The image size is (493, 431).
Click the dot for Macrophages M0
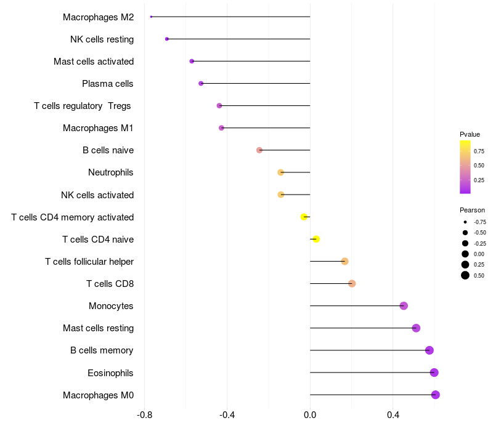click(436, 395)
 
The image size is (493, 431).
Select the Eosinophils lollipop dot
click(434, 373)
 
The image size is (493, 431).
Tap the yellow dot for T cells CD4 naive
click(316, 239)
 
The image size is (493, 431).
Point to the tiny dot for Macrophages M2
click(151, 17)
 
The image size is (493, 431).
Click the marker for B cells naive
click(259, 150)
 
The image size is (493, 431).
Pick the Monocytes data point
click(404, 306)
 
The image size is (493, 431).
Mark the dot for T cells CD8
click(352, 284)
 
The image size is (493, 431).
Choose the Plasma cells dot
click(201, 83)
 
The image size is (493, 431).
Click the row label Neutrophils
click(111, 172)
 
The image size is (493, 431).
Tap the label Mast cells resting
click(98, 328)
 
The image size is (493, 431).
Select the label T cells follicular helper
click(89, 262)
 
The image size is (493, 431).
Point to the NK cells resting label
click(102, 39)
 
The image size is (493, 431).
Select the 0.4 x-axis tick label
click(393, 415)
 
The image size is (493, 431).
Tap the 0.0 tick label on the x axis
click(310, 415)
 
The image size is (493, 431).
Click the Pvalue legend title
click(470, 134)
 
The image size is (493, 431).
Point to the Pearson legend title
click(472, 210)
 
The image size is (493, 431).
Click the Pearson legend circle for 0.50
click(465, 275)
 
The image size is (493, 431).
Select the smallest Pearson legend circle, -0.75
click(465, 222)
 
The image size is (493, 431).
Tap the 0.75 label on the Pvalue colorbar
click(479, 151)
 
